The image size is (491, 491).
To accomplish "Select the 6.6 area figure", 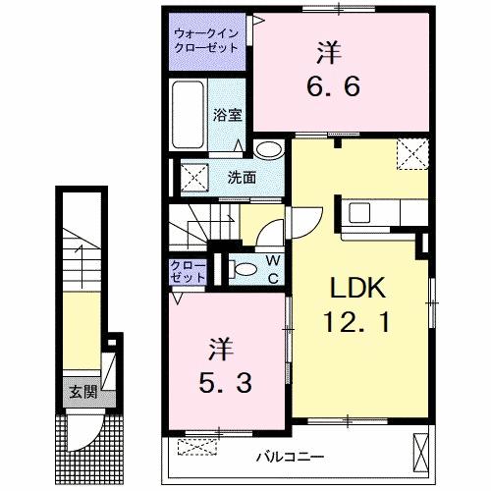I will click(x=330, y=85).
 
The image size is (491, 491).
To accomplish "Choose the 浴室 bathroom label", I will click(x=227, y=115).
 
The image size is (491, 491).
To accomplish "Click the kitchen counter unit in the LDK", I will click(x=378, y=213).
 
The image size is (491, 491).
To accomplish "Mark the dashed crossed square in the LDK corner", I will click(x=409, y=154).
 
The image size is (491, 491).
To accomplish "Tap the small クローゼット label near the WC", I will click(x=189, y=272).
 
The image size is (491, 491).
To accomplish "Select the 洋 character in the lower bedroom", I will click(x=222, y=347).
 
